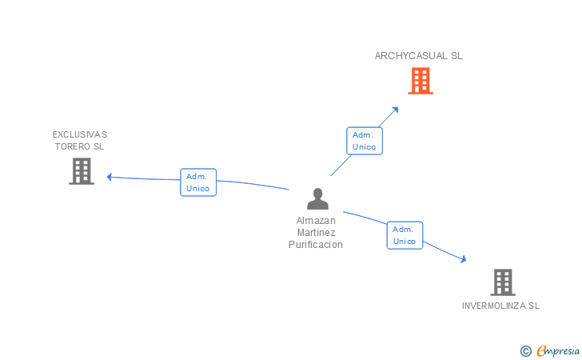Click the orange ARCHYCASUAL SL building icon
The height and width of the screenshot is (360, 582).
tap(421, 81)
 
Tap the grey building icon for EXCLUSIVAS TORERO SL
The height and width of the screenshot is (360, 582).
tap(82, 171)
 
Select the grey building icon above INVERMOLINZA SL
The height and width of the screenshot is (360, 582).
tap(502, 282)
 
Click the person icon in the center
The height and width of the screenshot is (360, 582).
tap(317, 199)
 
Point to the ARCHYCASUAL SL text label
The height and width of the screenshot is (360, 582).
tap(419, 56)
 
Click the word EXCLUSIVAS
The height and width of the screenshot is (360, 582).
tap(80, 134)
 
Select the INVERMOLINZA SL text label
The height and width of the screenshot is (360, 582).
tap(501, 306)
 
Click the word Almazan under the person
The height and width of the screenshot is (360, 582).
tap(316, 220)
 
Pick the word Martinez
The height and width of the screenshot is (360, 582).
tap(316, 232)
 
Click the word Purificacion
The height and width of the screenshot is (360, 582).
tap(316, 245)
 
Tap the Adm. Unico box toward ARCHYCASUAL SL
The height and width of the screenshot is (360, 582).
tap(365, 141)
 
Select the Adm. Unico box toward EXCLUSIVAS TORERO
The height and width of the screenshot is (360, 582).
tap(198, 182)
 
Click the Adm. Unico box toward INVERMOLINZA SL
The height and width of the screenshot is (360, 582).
tap(405, 235)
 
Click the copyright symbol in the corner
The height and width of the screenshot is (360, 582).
tap(525, 350)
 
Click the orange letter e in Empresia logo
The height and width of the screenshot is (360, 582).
tap(541, 350)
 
